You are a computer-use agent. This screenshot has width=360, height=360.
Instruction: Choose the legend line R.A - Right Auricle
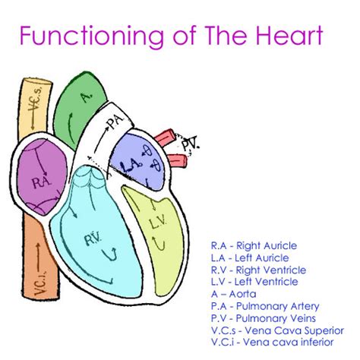(x=254, y=246)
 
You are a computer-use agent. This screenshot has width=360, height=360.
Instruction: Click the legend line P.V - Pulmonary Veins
(x=263, y=318)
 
